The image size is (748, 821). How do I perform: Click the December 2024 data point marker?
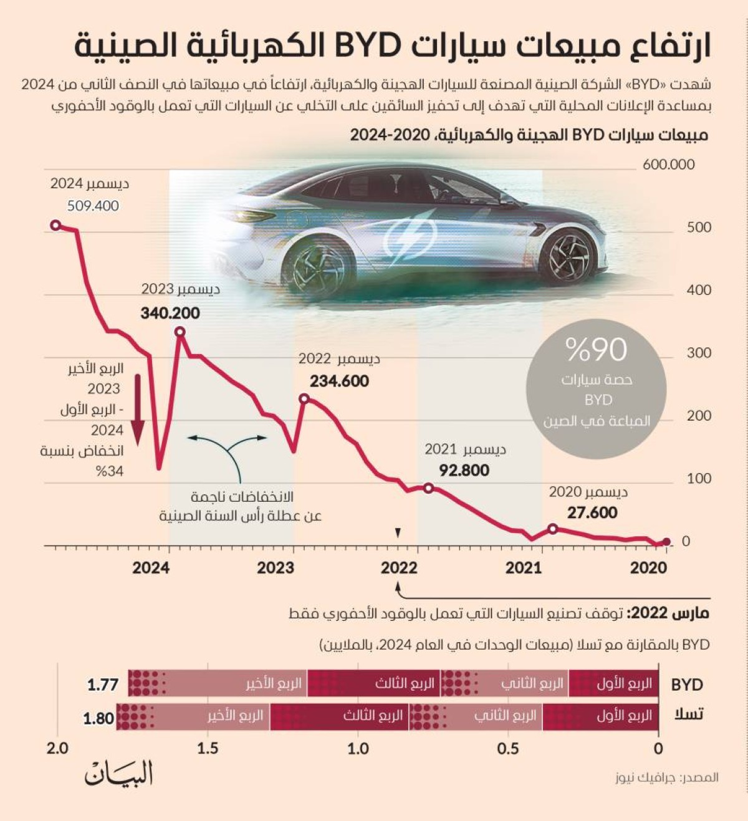55,225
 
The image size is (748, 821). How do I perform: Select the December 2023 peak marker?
180,332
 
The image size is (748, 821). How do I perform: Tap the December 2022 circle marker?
304,398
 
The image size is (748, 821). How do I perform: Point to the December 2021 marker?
428,488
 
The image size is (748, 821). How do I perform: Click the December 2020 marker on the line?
552,529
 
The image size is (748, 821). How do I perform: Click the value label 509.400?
93,206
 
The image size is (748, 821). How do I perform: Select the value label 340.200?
170,313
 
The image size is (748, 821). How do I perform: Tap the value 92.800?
464,470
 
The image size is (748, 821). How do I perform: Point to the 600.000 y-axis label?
668,165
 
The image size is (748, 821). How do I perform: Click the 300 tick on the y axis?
699,353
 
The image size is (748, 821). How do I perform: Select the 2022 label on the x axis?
399,568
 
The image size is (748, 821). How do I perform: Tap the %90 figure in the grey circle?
596,350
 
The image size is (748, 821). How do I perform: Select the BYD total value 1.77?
103,684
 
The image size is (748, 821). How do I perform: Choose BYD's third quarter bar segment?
374,684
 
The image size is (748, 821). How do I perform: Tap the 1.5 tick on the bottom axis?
208,748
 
